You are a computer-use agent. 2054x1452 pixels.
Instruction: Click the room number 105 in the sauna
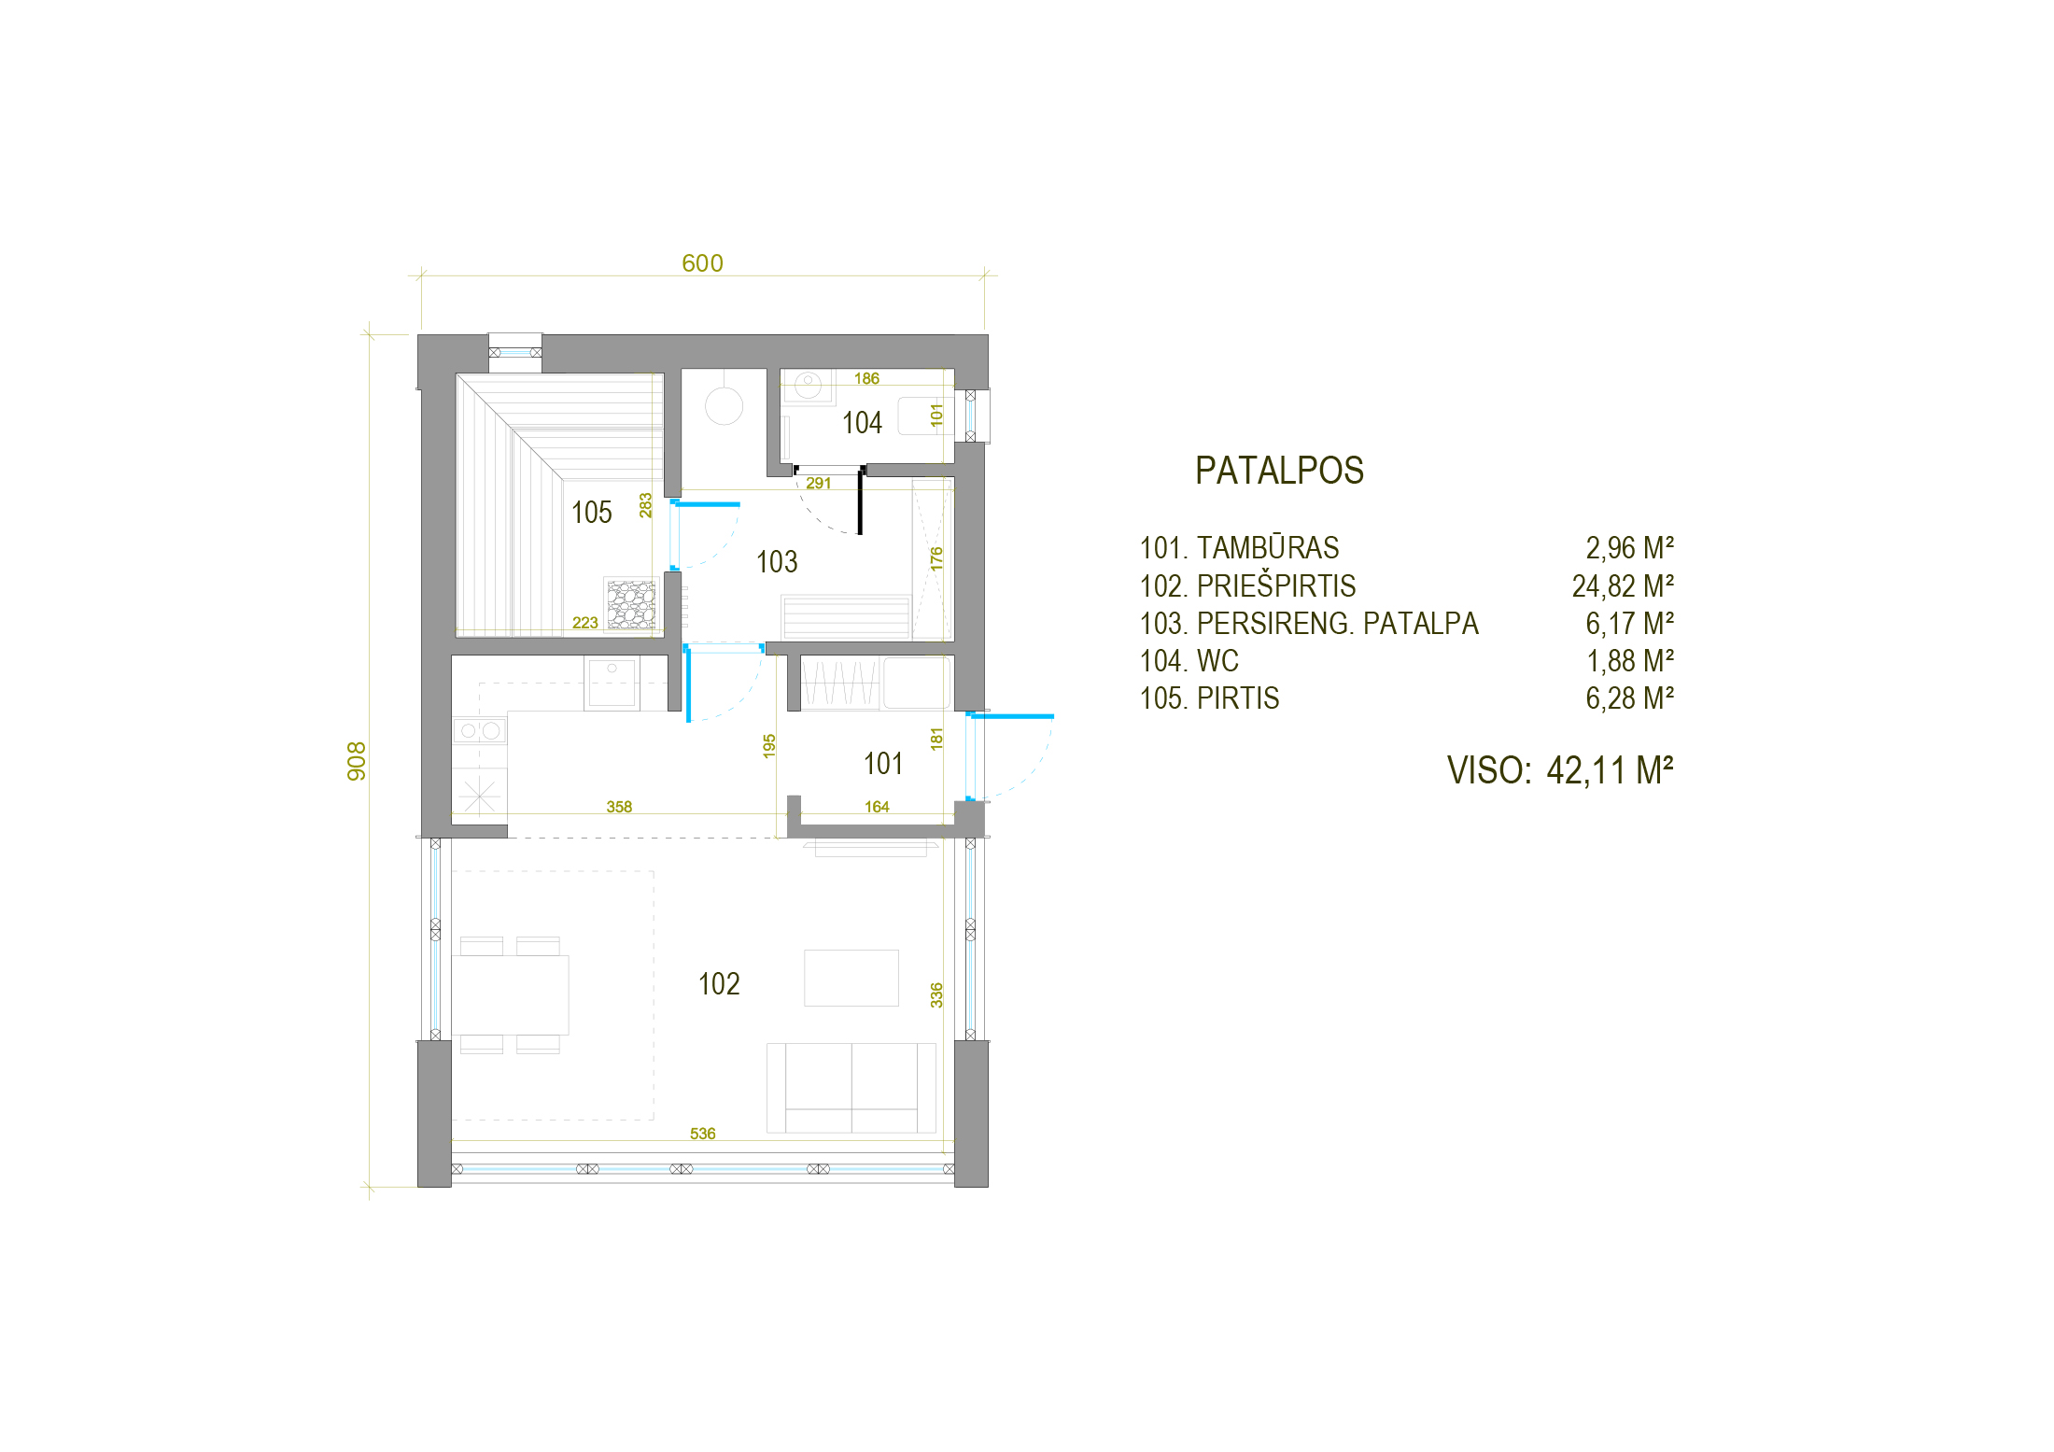[591, 513]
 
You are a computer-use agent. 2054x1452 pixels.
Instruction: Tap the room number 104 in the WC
[862, 423]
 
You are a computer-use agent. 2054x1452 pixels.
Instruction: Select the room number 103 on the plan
[777, 562]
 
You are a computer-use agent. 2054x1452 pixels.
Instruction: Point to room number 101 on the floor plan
[883, 764]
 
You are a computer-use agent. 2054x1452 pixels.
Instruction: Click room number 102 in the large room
[719, 984]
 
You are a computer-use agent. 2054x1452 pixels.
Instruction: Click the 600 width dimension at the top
[702, 263]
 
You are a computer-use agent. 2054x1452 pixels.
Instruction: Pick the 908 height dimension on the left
[357, 761]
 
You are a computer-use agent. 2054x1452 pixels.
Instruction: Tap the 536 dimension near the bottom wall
[702, 1134]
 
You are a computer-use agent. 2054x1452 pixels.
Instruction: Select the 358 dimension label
[619, 807]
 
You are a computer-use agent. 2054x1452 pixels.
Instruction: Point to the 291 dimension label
[818, 483]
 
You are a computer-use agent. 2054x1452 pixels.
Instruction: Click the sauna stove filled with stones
[631, 604]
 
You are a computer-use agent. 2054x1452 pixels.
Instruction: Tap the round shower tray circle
[724, 406]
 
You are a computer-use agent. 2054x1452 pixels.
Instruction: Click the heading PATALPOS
[1279, 471]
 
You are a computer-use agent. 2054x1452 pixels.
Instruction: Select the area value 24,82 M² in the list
[1623, 586]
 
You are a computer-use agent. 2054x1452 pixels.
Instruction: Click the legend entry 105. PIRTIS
[1209, 698]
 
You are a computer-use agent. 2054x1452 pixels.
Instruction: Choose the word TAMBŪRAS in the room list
[1268, 547]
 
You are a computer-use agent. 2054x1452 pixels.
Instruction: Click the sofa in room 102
[851, 1088]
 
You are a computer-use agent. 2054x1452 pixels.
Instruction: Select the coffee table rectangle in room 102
[851, 978]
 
